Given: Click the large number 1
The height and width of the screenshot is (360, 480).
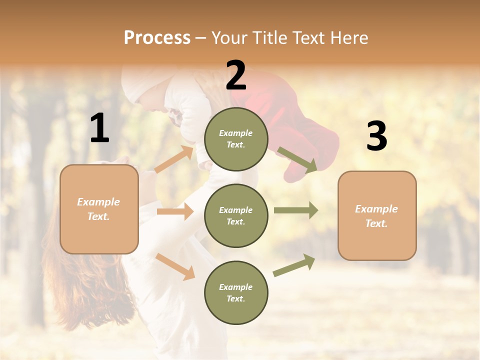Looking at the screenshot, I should click(99, 128).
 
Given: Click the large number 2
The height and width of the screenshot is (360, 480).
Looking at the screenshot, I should click(236, 75).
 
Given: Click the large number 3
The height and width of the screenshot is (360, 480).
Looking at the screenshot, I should click(376, 136).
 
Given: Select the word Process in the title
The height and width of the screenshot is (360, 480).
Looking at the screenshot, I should click(157, 37).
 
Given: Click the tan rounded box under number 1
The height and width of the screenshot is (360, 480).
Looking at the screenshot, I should click(99, 209).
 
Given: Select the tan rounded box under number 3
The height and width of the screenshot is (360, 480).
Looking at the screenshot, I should click(377, 216).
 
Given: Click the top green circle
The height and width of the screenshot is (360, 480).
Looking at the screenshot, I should click(236, 139).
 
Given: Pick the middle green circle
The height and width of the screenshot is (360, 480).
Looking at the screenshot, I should click(236, 216).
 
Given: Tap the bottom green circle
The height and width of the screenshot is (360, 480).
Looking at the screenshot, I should click(236, 293).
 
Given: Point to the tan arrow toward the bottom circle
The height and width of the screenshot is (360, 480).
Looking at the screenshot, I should click(175, 266).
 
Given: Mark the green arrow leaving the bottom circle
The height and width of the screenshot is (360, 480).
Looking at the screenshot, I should click(294, 265).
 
